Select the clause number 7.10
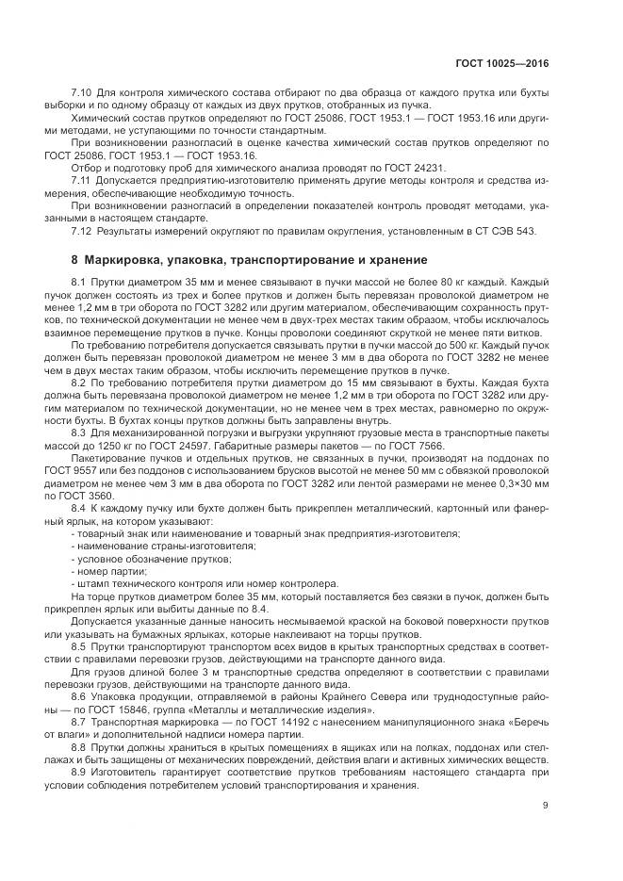click(x=81, y=92)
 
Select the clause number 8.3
click(x=79, y=431)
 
